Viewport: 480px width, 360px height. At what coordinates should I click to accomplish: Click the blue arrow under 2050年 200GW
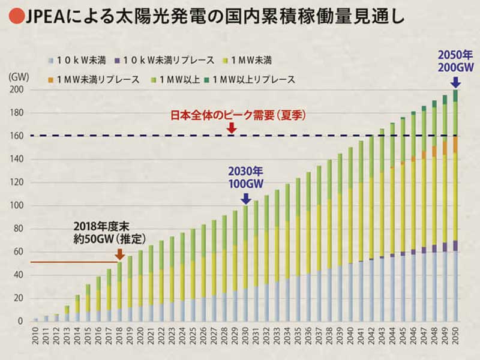[455, 82]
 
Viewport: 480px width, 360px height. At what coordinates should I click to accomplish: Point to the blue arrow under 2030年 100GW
[245, 198]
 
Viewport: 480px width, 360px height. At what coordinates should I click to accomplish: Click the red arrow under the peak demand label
[232, 128]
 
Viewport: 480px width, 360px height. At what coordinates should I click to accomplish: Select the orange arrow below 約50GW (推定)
[120, 254]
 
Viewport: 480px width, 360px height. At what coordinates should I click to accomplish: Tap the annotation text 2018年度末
[98, 229]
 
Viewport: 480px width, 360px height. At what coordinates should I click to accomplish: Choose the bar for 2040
[350, 234]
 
